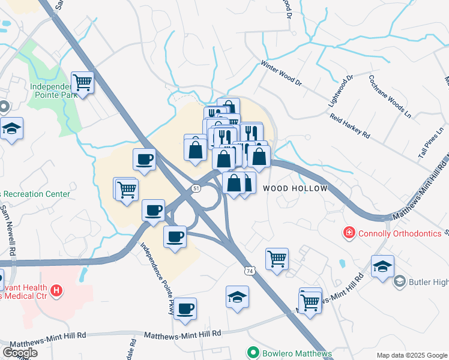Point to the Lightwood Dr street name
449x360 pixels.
tap(340, 91)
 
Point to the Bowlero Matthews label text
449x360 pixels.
tap(297, 353)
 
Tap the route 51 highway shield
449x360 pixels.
tap(196, 188)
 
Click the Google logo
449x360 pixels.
tap(20, 353)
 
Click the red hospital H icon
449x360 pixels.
tap(56, 291)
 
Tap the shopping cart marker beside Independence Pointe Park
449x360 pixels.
tap(82, 83)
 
